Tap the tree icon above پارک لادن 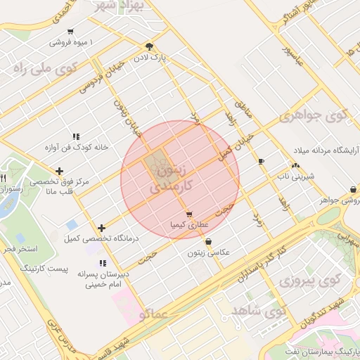pos(149,46)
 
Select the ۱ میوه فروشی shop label pos(71,43)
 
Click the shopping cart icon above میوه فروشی pos(70,32)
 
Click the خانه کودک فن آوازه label pos(75,148)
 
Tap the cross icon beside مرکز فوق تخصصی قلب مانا pos(59,171)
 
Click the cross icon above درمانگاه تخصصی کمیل pos(102,228)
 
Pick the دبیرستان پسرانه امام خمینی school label pos(95,281)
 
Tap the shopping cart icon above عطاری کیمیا pos(188,214)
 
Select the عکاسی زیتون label pos(208,252)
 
